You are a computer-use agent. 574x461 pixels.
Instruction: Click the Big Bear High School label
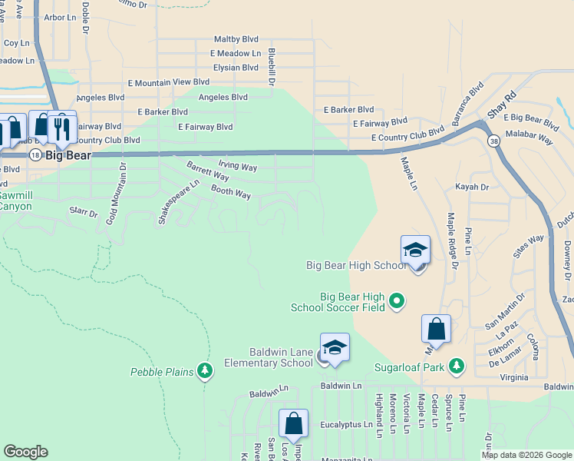tap(356, 266)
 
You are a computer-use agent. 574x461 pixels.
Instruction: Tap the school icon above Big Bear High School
tap(415, 250)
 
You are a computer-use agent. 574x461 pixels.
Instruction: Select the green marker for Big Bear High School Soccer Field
tap(397, 300)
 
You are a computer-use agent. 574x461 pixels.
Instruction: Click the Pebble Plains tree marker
tap(205, 372)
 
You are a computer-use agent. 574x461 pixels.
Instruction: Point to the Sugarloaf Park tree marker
tap(457, 364)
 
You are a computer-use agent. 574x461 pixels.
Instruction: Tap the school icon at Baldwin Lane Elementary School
tap(335, 349)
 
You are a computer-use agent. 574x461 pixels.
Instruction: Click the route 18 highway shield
tap(35, 155)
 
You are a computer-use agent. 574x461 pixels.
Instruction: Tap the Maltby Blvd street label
tap(236, 38)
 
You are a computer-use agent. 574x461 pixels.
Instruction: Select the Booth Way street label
tap(231, 193)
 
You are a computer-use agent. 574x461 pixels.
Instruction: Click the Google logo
tap(25, 452)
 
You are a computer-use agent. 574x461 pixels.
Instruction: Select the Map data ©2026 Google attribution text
tap(526, 455)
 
